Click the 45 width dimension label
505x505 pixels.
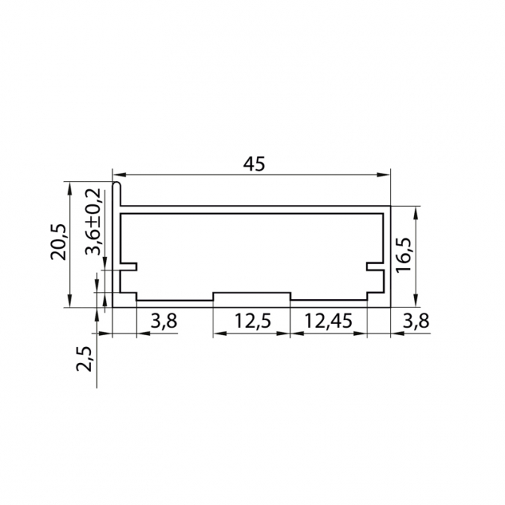pyautogui.click(x=254, y=164)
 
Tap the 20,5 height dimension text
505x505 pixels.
pyautogui.click(x=59, y=241)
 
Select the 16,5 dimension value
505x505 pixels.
pyautogui.click(x=404, y=256)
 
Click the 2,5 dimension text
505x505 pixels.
pyautogui.click(x=84, y=358)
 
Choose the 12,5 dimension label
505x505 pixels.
pyautogui.click(x=252, y=321)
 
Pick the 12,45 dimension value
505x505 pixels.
pyautogui.click(x=328, y=321)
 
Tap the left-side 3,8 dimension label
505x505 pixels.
pyautogui.click(x=164, y=321)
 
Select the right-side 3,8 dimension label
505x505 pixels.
pyautogui.click(x=416, y=321)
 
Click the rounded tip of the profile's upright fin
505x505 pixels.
pyautogui.click(x=116, y=185)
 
